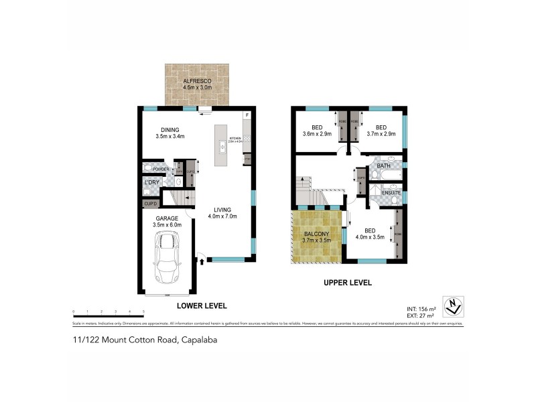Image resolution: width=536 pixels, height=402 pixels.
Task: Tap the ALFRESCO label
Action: tap(198, 80)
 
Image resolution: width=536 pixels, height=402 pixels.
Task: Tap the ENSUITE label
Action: tap(391, 193)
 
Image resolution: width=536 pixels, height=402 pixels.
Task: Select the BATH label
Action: tap(384, 165)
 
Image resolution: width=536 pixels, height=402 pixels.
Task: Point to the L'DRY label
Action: tap(152, 182)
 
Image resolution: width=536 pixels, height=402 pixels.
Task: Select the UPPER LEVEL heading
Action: tap(347, 283)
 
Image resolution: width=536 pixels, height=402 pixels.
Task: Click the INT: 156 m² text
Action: tap(421, 308)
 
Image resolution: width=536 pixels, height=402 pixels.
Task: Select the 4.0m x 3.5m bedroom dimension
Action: tap(371, 236)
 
